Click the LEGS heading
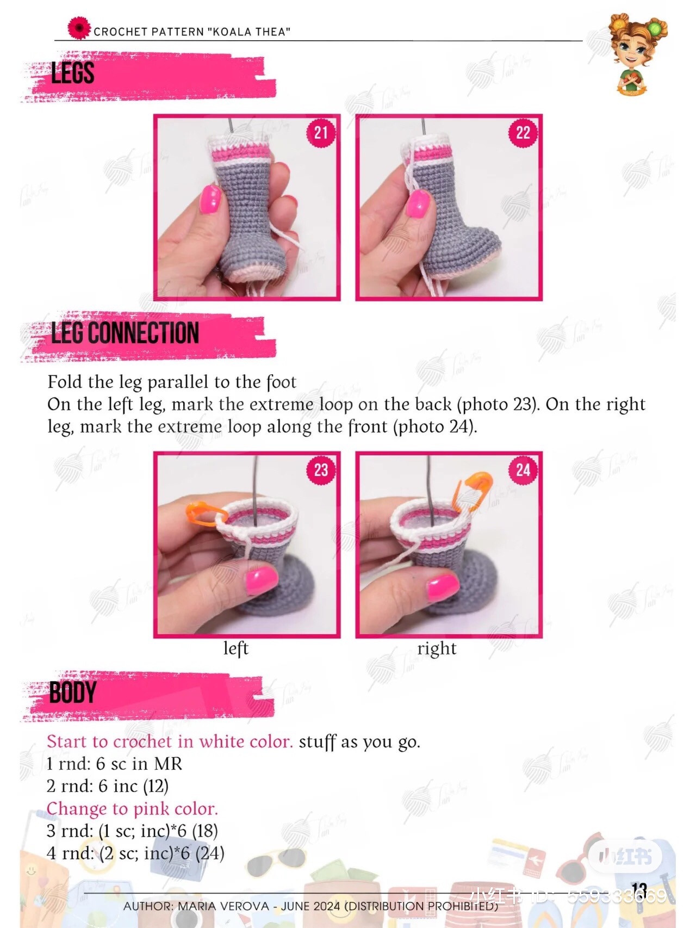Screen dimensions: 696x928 pyautogui.click(x=72, y=73)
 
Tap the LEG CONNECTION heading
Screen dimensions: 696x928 pyautogui.click(x=125, y=333)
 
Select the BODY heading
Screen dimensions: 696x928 pyautogui.click(x=72, y=693)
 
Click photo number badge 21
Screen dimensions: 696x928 pyautogui.click(x=321, y=133)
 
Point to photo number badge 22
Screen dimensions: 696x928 pyautogui.click(x=523, y=133)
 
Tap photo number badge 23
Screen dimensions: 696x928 pyautogui.click(x=321, y=469)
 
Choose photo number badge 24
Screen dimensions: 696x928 pyautogui.click(x=523, y=469)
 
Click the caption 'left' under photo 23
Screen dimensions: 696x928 pyautogui.click(x=235, y=648)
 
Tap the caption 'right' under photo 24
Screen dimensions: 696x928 pyautogui.click(x=437, y=648)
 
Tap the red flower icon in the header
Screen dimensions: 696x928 pyautogui.click(x=79, y=28)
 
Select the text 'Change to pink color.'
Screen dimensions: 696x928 pyautogui.click(x=132, y=809)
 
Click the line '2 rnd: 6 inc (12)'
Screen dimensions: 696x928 pyautogui.click(x=108, y=786)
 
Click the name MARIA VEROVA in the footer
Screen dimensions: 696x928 pyautogui.click(x=223, y=906)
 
